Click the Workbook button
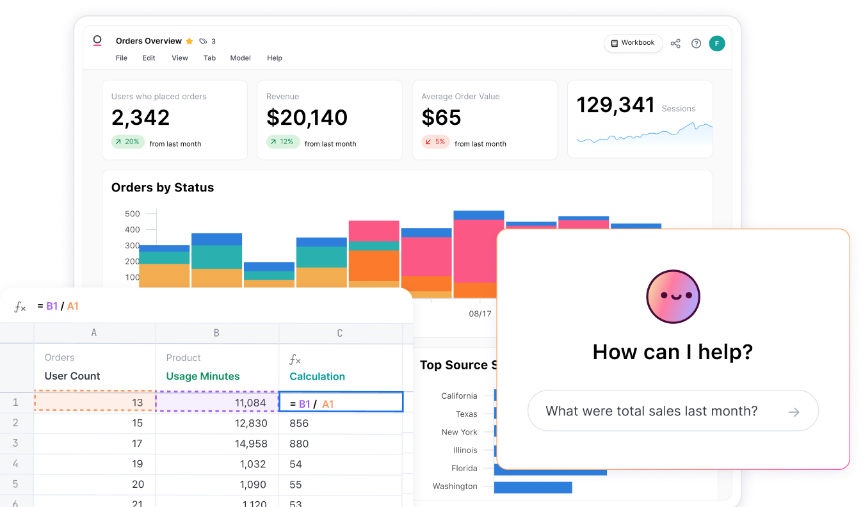pyautogui.click(x=633, y=43)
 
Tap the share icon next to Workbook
pyautogui.click(x=675, y=44)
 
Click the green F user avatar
pyautogui.click(x=717, y=44)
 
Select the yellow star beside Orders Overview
pyautogui.click(x=190, y=41)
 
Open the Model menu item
pyautogui.click(x=240, y=58)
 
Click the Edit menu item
pyautogui.click(x=149, y=58)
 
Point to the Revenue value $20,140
pyautogui.click(x=307, y=118)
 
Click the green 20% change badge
pyautogui.click(x=127, y=142)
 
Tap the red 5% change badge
pyautogui.click(x=435, y=142)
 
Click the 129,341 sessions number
pyautogui.click(x=615, y=105)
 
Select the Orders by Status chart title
pyautogui.click(x=163, y=188)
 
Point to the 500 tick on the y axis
pyautogui.click(x=132, y=214)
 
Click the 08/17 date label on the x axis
pyautogui.click(x=480, y=314)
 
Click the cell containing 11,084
pyautogui.click(x=218, y=403)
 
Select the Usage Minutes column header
pyautogui.click(x=203, y=376)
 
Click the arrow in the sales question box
pyautogui.click(x=794, y=412)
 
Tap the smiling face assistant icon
pyautogui.click(x=673, y=296)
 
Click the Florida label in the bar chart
pyautogui.click(x=464, y=468)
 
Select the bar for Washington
pyautogui.click(x=533, y=487)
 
